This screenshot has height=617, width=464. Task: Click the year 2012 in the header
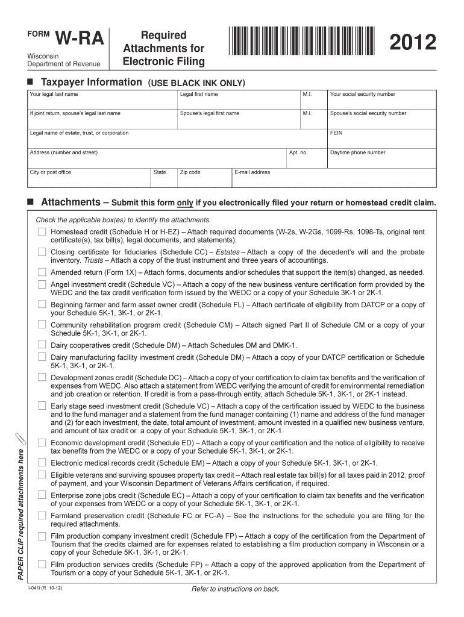point(413,43)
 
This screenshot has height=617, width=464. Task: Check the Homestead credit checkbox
point(42,232)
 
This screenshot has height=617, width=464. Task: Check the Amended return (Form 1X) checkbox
point(42,272)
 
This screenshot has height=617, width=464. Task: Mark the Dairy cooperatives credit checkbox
point(42,345)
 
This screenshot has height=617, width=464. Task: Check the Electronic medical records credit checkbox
point(42,463)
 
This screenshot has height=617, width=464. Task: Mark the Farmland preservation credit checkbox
point(42,516)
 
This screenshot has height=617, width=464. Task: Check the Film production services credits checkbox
point(42,565)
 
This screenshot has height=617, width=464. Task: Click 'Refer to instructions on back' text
point(236,589)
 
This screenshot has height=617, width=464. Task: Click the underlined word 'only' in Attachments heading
point(184,203)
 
